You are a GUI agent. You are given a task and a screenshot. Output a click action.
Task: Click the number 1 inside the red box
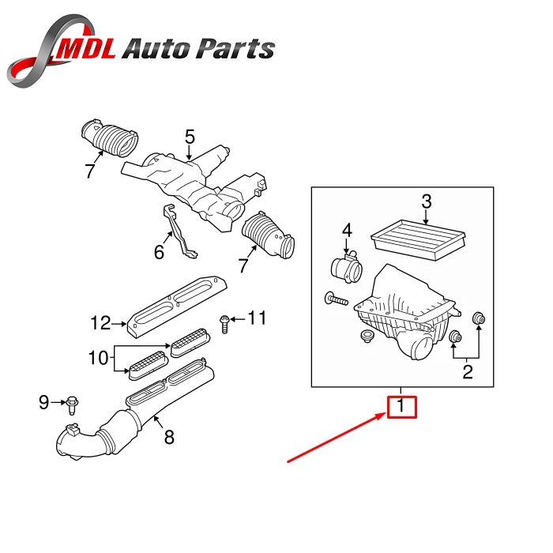(x=401, y=407)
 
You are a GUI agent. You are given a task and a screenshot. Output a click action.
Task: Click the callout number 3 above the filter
(x=426, y=202)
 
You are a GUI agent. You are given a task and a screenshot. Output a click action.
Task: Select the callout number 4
(x=346, y=231)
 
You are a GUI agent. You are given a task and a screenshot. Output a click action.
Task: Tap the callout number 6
(x=159, y=253)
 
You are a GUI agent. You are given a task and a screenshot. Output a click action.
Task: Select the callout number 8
(x=169, y=437)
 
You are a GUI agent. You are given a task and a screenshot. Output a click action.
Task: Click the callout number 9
(x=44, y=403)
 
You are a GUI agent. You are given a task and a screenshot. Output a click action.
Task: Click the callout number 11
(x=258, y=318)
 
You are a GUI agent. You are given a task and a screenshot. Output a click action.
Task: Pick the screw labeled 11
(x=225, y=320)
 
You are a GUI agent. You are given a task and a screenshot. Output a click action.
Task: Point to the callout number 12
(x=100, y=322)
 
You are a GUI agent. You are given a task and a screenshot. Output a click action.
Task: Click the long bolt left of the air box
(x=335, y=299)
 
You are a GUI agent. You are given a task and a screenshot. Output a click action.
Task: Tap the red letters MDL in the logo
(x=86, y=48)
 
